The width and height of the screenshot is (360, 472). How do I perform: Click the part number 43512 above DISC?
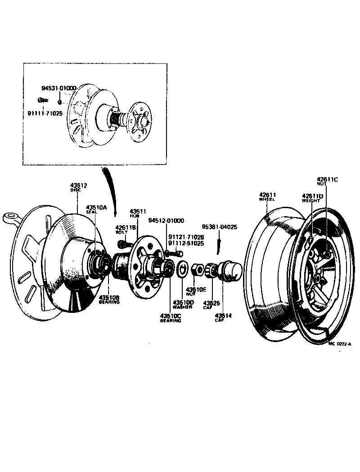78,187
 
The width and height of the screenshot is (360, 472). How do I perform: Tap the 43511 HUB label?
136,213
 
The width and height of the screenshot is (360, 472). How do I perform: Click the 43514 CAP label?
223,317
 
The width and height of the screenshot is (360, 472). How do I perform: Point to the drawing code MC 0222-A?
339,343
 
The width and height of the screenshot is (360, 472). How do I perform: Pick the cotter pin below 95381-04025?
218,245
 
